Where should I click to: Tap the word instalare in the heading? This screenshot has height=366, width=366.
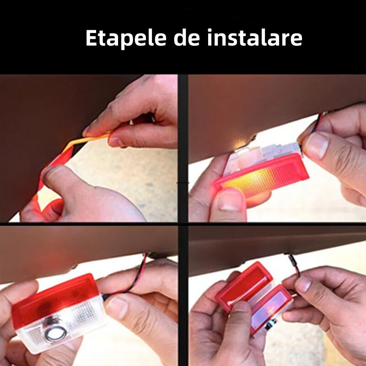(255, 38)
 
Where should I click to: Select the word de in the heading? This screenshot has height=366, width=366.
(187, 38)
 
